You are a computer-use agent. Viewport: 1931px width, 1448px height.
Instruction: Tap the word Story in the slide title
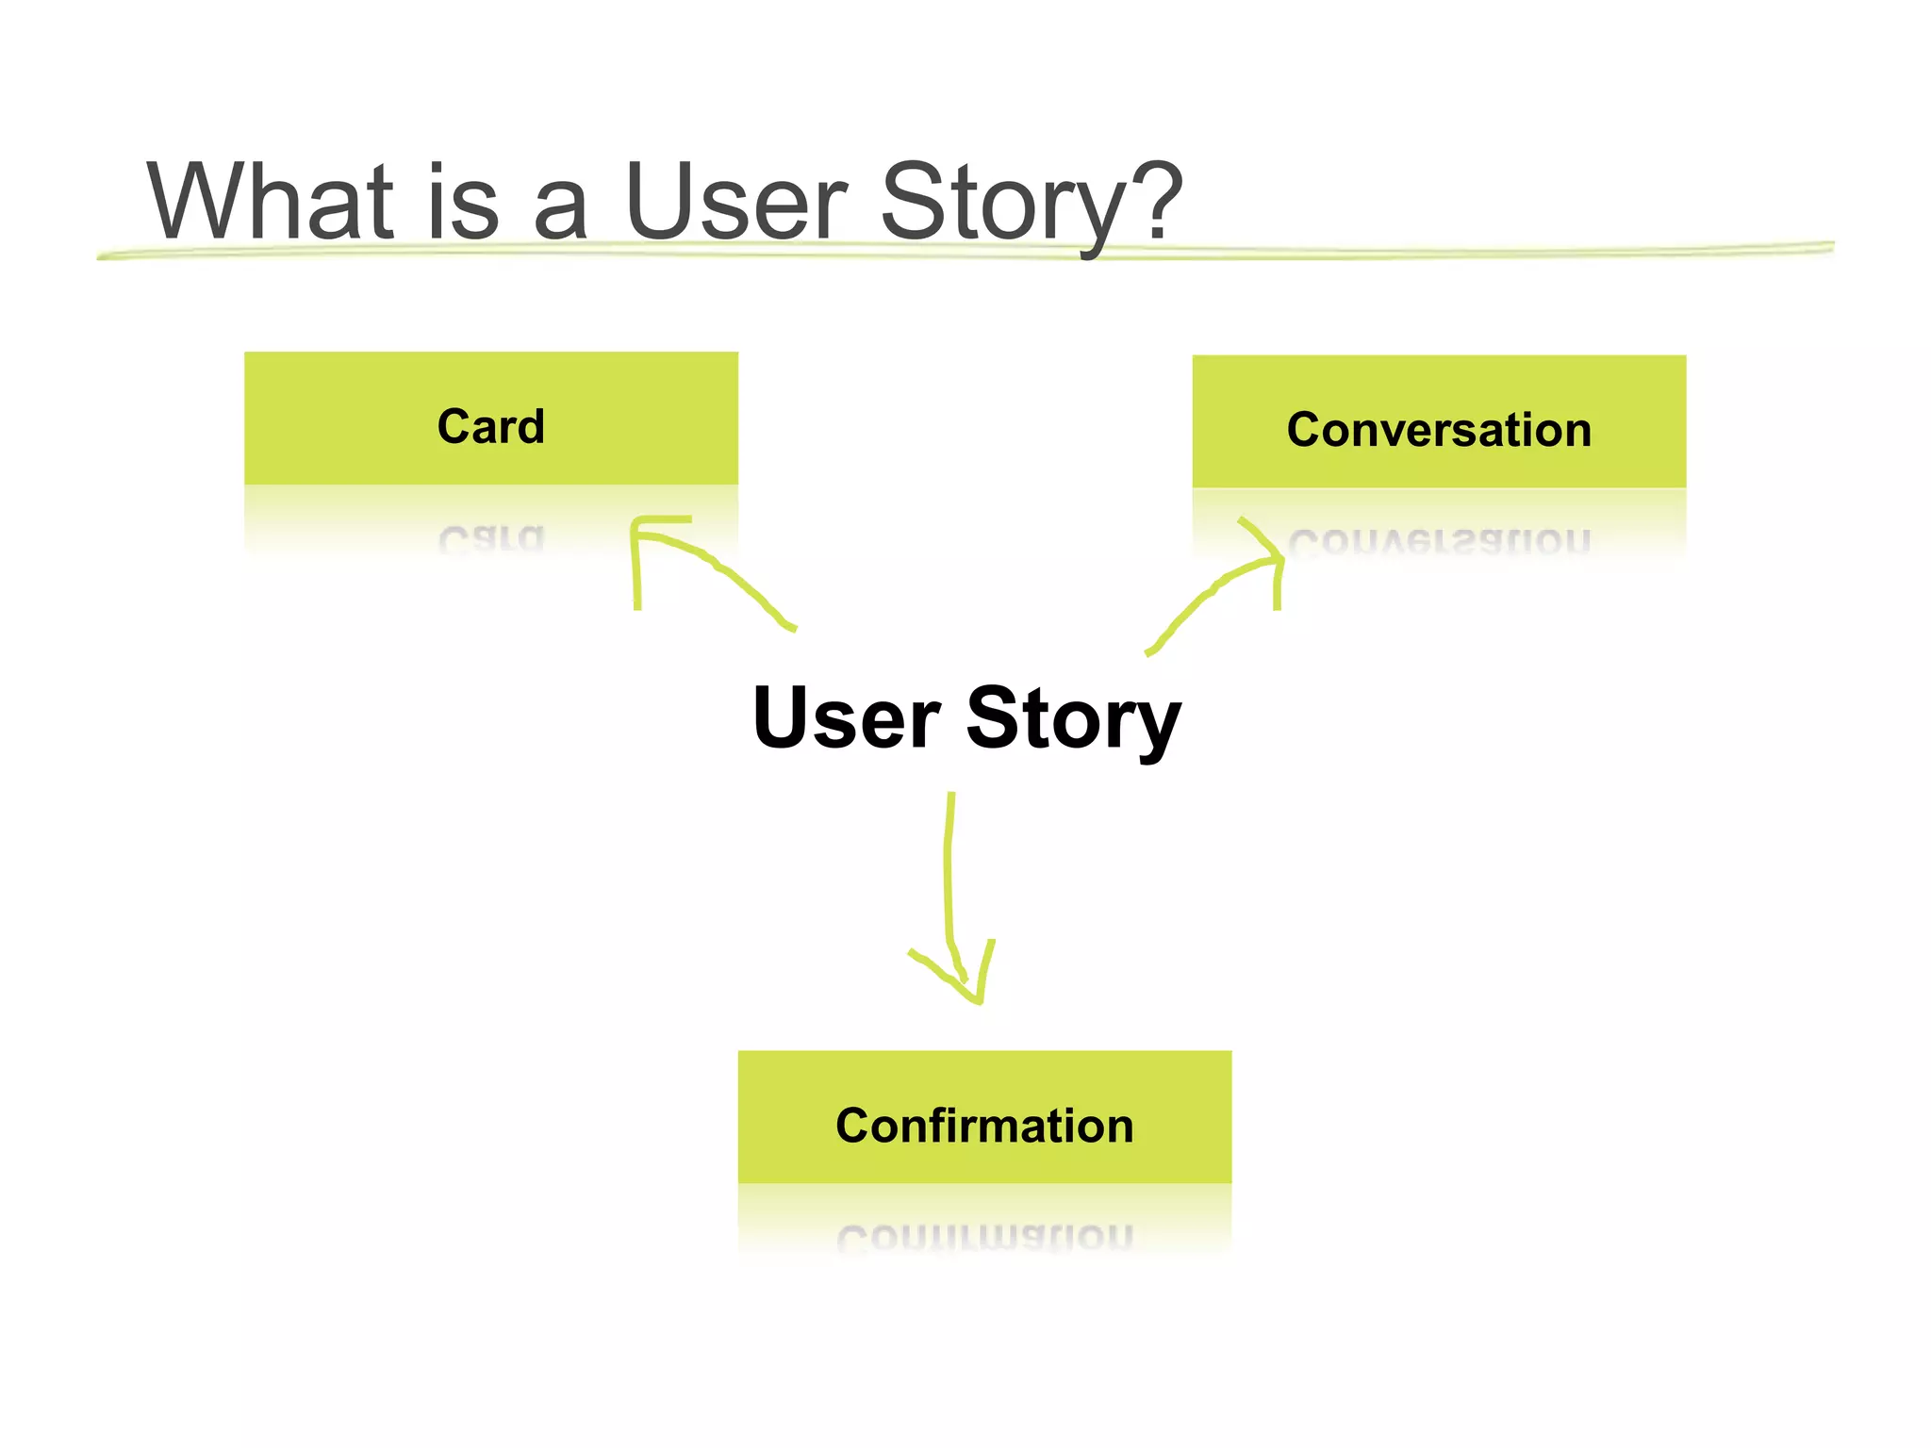[x=1003, y=203]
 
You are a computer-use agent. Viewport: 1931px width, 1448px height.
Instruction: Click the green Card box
[x=491, y=419]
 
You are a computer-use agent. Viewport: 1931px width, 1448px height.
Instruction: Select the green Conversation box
[x=1439, y=422]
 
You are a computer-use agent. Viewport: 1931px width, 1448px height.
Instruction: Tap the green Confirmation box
[x=984, y=1117]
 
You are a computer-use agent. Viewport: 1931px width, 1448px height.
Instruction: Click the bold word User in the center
[x=846, y=718]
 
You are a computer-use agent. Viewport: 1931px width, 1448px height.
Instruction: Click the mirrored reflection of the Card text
[x=491, y=538]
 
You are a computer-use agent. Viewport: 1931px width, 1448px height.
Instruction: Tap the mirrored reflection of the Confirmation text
[x=984, y=1236]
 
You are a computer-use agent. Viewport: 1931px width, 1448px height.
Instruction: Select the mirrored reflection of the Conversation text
[x=1439, y=541]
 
